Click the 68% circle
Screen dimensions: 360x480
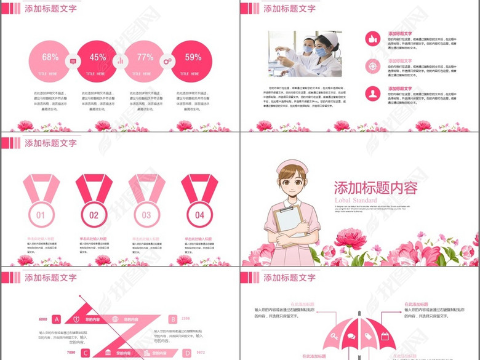point(50,62)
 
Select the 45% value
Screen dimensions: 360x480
point(97,57)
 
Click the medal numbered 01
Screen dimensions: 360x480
point(41,215)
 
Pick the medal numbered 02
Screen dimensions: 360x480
point(94,215)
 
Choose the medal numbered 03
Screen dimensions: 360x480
point(146,215)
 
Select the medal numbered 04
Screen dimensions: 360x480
point(199,215)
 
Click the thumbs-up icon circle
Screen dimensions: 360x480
point(372,39)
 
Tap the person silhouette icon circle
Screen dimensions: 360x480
point(372,94)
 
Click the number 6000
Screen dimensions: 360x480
point(43,319)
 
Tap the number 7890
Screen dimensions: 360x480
point(71,353)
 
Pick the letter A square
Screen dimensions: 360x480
point(56,319)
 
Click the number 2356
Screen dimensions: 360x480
point(186,319)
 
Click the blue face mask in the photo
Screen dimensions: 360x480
point(321,52)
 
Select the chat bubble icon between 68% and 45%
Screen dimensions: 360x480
point(73,61)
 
